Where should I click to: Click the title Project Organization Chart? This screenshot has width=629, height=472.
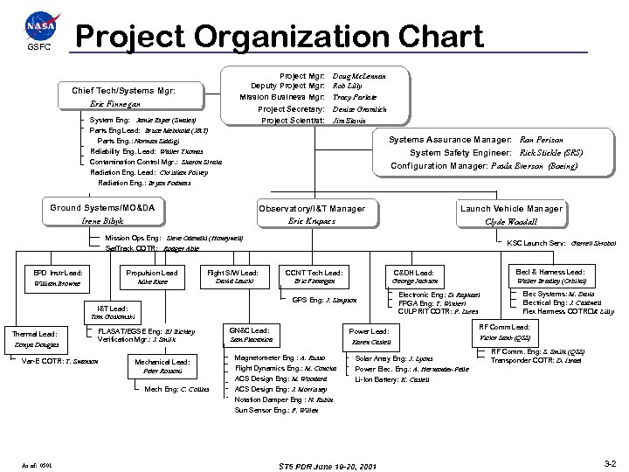point(280,37)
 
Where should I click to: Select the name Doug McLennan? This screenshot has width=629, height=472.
point(359,76)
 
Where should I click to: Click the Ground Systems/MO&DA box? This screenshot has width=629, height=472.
point(103,214)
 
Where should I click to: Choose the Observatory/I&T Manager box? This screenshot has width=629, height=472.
point(311,214)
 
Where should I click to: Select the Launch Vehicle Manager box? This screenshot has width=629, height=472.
point(510,214)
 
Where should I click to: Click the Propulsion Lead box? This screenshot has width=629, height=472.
point(152,278)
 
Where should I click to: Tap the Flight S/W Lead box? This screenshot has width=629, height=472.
point(232,278)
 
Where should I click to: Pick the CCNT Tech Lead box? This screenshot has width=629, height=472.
point(314,278)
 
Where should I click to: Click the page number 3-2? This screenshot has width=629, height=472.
point(610,462)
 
